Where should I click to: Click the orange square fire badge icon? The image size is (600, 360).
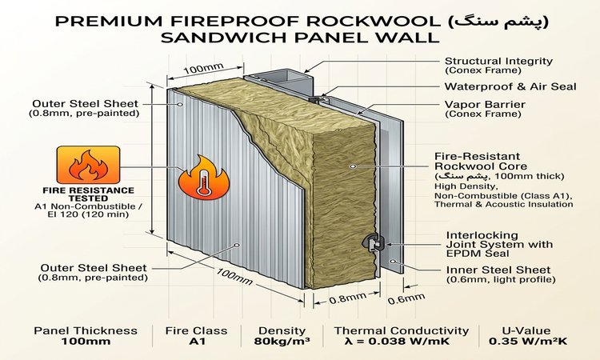[88, 165]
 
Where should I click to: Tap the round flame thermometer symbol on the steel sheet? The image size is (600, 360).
[203, 178]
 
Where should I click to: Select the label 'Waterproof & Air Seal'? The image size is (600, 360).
[510, 86]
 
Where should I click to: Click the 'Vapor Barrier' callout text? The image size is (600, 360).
[485, 105]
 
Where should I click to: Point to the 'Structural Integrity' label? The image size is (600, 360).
[498, 61]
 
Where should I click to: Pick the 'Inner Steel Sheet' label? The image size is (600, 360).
[498, 270]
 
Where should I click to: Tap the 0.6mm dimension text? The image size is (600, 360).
[406, 298]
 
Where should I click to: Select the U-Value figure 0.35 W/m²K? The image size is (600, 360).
[528, 342]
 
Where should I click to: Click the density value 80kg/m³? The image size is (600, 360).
[282, 342]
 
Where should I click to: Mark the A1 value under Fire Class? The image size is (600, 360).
[197, 342]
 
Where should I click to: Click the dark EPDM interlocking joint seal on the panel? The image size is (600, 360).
[372, 242]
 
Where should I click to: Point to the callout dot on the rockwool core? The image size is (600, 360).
[354, 166]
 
